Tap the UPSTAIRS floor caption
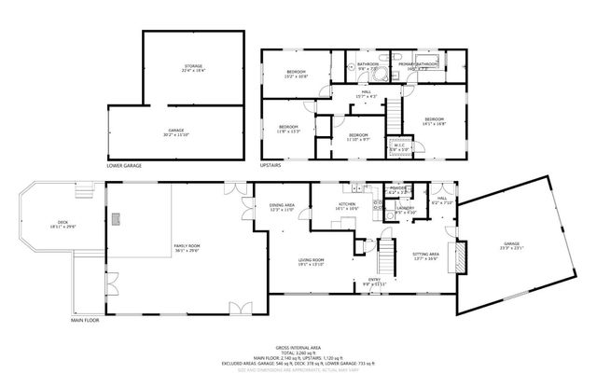click(271, 166)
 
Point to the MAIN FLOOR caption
click(85, 320)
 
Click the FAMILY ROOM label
click(187, 246)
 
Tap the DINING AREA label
click(282, 206)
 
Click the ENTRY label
click(373, 281)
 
